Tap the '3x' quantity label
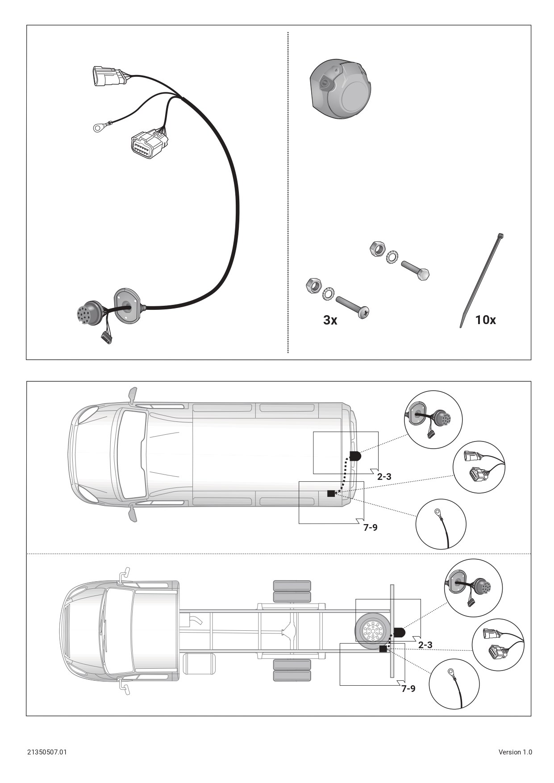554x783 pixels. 330,320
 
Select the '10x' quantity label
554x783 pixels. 485,320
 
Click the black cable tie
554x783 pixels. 481,280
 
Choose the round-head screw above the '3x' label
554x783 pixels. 353,308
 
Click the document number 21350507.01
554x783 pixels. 47,752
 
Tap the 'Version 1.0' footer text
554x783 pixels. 515,752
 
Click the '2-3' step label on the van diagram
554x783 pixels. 384,476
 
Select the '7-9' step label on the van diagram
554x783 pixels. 370,527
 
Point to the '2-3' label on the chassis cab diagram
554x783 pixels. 425,645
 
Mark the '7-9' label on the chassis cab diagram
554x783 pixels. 408,688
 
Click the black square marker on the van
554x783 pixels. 331,493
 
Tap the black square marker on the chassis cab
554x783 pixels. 383,649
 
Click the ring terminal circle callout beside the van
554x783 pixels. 441,524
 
